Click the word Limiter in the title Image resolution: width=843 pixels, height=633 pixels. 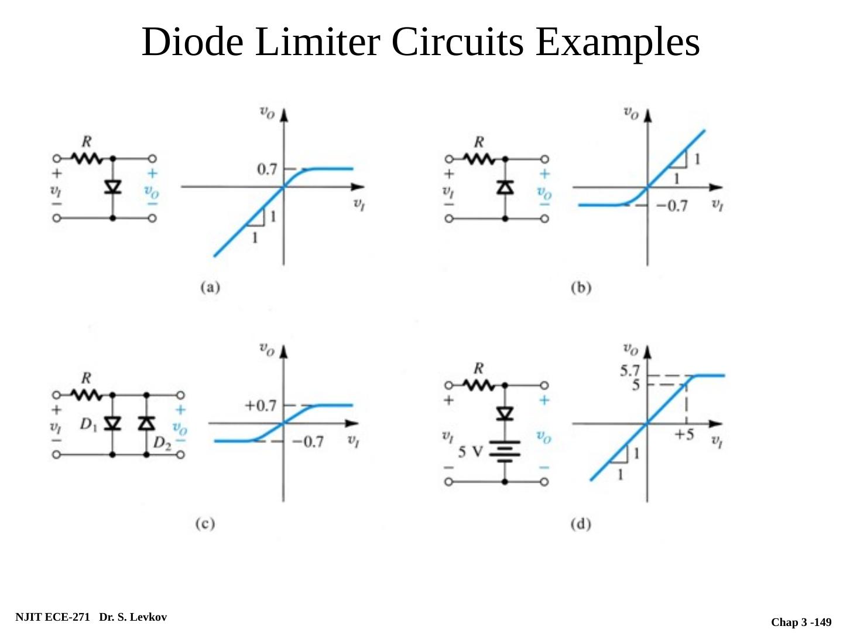click(x=317, y=42)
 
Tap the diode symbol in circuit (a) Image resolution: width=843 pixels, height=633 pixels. click(x=112, y=187)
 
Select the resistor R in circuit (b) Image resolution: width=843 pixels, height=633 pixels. click(x=479, y=158)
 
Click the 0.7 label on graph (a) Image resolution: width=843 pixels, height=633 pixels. click(x=267, y=169)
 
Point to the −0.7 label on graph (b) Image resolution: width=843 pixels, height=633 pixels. click(x=671, y=206)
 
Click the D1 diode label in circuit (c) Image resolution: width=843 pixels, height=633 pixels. click(x=88, y=424)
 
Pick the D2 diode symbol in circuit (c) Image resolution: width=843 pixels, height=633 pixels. click(x=146, y=423)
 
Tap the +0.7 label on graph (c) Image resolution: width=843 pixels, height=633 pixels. click(x=261, y=406)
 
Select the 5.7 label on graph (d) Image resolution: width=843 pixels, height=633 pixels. click(x=630, y=371)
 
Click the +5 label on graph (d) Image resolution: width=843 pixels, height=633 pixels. click(x=684, y=435)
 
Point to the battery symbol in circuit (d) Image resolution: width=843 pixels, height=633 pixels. click(x=505, y=451)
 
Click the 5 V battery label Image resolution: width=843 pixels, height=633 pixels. click(x=470, y=452)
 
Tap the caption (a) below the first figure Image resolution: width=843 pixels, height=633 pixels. click(x=210, y=287)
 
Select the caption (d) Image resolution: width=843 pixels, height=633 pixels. click(x=581, y=523)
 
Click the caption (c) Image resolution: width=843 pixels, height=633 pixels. click(x=205, y=523)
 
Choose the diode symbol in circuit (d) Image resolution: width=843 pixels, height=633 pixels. click(x=505, y=414)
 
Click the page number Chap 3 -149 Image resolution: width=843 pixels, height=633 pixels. click(x=801, y=622)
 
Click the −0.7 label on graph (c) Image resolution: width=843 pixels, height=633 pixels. click(x=308, y=441)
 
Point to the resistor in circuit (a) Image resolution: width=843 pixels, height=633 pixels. click(x=87, y=158)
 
